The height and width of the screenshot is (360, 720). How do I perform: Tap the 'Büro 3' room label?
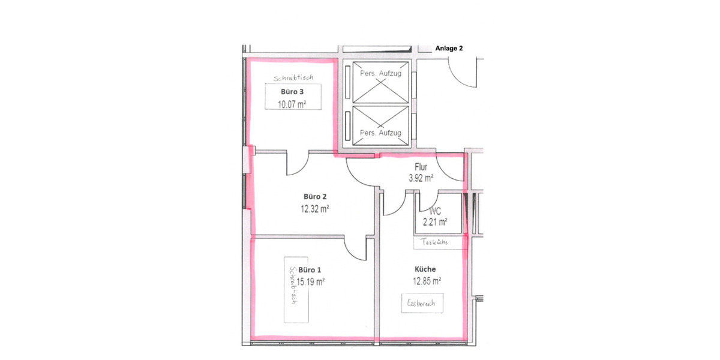coord(294,92)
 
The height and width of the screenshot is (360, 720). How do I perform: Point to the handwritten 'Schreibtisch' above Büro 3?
coord(294,78)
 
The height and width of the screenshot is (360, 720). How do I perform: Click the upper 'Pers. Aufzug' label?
coord(380,73)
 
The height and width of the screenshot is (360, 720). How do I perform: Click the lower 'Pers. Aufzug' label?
coord(380,133)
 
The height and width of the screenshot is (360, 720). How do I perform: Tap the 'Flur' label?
coord(421,167)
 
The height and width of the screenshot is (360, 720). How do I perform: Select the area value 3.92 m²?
coord(421,178)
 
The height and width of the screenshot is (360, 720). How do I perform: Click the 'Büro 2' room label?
coord(314,197)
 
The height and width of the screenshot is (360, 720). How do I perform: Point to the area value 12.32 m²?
coord(314,209)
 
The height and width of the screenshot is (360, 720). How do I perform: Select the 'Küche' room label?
coord(425,269)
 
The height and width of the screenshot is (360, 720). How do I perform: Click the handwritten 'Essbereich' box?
coord(425,304)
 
